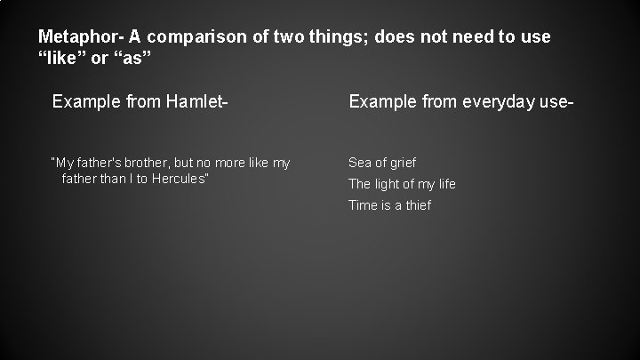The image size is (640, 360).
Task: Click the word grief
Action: click(401, 163)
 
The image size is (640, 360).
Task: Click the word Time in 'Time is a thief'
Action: click(364, 205)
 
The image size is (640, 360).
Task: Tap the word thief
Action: click(417, 205)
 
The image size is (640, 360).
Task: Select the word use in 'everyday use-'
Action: click(556, 103)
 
